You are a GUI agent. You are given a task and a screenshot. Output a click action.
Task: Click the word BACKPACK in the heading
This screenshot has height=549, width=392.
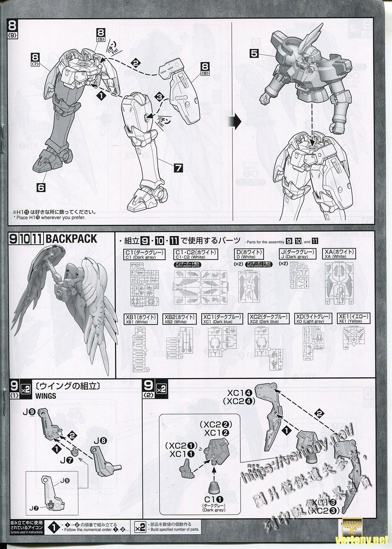[71, 239]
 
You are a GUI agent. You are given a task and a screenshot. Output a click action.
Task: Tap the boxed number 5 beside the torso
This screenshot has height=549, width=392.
[254, 54]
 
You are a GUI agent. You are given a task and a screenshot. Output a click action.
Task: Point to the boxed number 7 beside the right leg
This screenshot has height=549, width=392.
[179, 167]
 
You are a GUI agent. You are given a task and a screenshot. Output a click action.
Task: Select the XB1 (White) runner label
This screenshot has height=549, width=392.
[141, 319]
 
